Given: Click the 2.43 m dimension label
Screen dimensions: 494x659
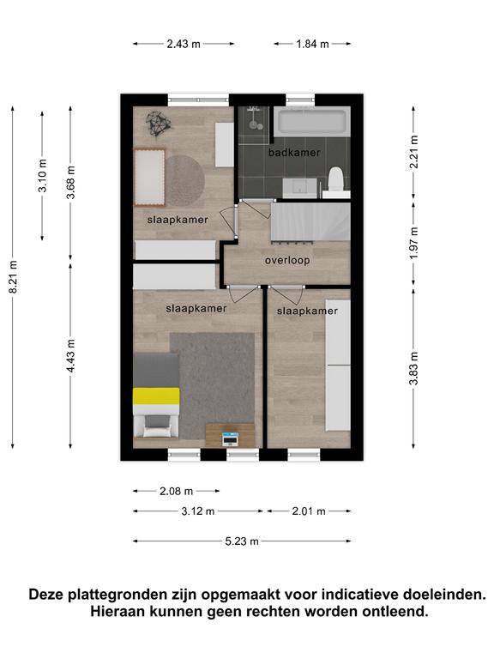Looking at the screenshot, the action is click(184, 44).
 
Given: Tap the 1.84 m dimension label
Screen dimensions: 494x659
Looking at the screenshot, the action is click(312, 44).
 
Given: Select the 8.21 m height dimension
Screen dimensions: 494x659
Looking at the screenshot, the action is click(13, 277).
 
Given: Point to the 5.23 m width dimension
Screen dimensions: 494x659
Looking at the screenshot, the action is click(242, 541).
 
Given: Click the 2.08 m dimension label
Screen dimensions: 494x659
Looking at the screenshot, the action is click(177, 491).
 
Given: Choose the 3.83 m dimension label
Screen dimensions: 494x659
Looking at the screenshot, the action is click(413, 368).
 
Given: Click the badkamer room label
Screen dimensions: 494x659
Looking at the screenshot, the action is click(294, 153).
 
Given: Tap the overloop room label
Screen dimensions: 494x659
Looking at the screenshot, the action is click(287, 261).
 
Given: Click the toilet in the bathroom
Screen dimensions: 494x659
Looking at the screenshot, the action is click(335, 182).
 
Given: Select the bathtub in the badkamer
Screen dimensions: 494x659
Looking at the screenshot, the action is click(312, 121).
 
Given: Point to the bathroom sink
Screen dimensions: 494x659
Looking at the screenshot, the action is click(299, 187).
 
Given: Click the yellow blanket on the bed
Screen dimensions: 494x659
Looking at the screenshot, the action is click(156, 396).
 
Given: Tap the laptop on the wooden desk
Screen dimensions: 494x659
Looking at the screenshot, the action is click(230, 438).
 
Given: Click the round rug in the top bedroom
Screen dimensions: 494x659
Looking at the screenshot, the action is click(185, 181).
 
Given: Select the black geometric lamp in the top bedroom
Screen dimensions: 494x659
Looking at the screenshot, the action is click(158, 124).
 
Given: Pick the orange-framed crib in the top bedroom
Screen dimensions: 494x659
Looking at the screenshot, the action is click(149, 178).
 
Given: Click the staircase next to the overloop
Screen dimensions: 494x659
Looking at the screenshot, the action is click(310, 222).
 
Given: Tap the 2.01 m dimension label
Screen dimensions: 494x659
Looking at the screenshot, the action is click(309, 511).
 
